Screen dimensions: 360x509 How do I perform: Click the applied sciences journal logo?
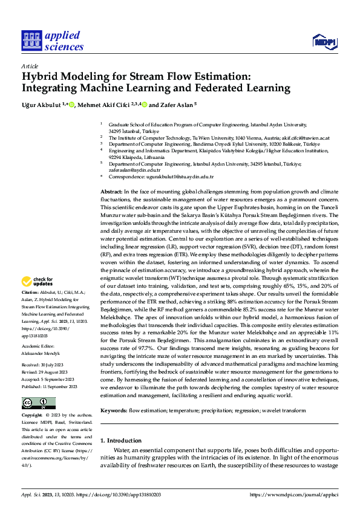pos(52,41)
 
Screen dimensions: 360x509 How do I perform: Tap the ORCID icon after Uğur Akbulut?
pos(72,105)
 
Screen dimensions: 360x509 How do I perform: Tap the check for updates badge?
pos(38,282)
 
